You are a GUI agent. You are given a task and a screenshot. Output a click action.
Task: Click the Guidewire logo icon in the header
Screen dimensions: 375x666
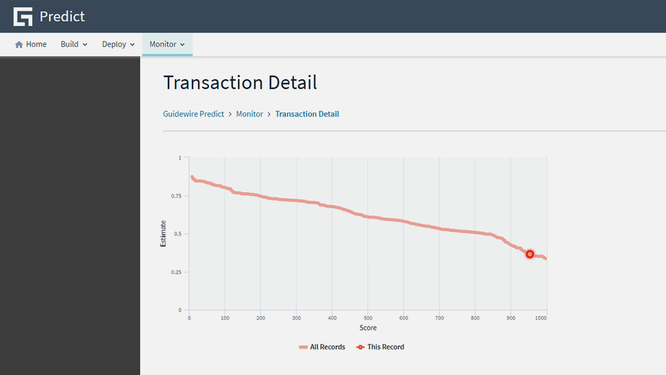click(x=23, y=16)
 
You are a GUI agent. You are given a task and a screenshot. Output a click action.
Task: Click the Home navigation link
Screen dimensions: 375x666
click(x=31, y=45)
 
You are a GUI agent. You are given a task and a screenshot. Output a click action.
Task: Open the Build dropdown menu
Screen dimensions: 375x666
click(x=74, y=45)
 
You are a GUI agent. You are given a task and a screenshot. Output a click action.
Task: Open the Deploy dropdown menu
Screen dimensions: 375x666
click(x=118, y=45)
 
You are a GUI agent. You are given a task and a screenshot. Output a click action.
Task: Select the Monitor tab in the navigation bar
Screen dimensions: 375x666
click(x=167, y=45)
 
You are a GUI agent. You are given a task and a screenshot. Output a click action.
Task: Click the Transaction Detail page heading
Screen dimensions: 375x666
click(x=240, y=83)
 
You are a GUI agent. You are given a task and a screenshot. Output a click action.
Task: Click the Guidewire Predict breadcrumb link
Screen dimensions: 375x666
click(x=193, y=114)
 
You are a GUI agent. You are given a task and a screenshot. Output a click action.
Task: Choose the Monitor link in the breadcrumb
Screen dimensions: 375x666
click(x=250, y=114)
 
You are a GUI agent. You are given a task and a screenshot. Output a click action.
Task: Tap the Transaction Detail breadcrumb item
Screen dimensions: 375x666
click(x=307, y=114)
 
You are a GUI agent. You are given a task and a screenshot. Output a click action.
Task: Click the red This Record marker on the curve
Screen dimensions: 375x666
click(x=530, y=254)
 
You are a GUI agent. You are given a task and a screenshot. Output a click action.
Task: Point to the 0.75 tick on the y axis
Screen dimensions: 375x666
click(x=176, y=196)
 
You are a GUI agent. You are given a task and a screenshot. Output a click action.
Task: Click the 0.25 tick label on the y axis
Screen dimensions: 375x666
click(x=176, y=272)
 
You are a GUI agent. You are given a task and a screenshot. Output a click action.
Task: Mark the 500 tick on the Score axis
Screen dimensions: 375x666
click(x=368, y=318)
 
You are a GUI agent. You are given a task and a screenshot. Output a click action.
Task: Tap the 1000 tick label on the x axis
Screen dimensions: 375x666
click(x=541, y=318)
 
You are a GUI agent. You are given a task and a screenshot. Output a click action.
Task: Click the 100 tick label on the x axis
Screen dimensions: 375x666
click(x=225, y=318)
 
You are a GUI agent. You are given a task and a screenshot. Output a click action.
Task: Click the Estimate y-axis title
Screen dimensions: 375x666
click(x=163, y=233)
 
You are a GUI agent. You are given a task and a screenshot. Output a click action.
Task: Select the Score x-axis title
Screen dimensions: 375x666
click(x=368, y=328)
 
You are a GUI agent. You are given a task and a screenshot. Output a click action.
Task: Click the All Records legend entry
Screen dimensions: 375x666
click(x=322, y=347)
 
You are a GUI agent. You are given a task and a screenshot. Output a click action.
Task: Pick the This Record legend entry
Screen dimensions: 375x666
click(x=380, y=347)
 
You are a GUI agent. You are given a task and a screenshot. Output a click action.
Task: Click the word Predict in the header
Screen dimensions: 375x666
click(x=62, y=16)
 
